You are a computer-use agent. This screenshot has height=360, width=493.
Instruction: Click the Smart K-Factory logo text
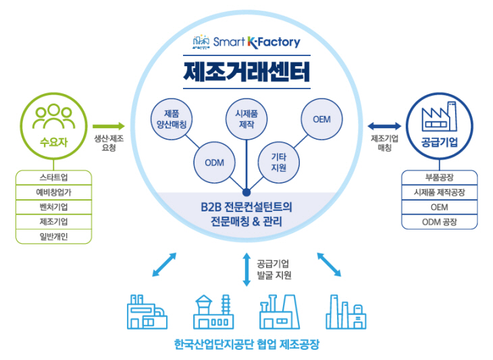257,42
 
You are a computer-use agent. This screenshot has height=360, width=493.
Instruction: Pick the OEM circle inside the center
321,120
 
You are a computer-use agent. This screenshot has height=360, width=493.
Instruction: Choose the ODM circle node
214,162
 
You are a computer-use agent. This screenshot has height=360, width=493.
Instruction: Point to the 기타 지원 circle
279,162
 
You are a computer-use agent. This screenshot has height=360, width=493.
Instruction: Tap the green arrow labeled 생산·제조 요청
109,126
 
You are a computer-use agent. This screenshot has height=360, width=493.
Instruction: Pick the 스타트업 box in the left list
53,178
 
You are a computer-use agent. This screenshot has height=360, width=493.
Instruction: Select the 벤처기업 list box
53,207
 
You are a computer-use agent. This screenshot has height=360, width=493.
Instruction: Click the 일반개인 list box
53,236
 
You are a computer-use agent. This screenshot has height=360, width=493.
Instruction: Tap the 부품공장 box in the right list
439,178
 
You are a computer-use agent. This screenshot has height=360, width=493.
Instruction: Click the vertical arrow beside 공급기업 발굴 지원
247,268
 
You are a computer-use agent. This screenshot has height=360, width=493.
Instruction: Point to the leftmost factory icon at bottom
147,312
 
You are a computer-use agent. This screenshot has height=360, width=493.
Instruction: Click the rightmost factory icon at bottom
346,312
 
